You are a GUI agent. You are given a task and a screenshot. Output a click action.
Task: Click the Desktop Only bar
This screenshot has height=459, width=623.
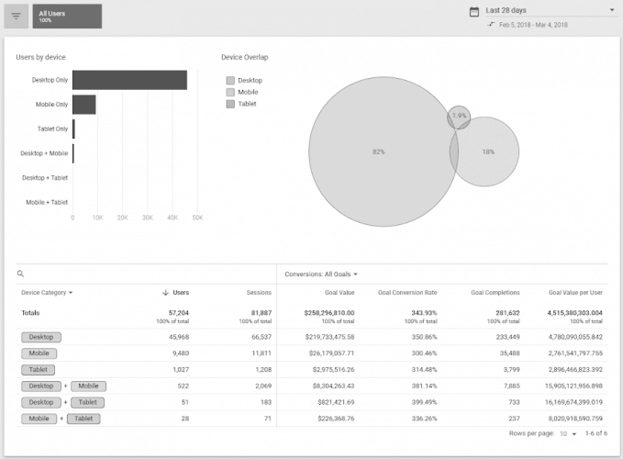pos(129,80)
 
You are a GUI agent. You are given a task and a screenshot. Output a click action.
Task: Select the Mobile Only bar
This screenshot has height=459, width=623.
pos(83,105)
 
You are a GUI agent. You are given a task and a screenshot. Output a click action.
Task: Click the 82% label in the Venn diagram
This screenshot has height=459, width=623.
pos(378,151)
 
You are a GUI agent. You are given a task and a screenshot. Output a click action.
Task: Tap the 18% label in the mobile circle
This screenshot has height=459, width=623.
pos(488,151)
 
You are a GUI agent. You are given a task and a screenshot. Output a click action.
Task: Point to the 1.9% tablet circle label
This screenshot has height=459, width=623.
pos(460,116)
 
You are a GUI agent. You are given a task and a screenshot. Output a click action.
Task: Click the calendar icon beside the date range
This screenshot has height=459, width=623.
pos(474,11)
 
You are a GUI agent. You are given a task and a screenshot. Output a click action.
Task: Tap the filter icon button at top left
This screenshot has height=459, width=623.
pos(16,16)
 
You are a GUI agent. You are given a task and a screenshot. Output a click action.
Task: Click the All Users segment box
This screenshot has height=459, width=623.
pos(67,16)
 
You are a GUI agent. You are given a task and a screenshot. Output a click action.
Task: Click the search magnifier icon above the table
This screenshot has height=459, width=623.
pos(21,274)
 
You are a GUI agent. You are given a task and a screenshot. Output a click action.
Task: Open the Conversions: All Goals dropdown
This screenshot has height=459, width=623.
pos(321,274)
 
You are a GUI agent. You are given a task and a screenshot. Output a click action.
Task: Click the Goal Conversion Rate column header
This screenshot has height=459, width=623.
pos(407,293)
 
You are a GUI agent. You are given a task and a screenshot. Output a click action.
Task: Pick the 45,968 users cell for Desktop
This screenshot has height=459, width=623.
pos(174,337)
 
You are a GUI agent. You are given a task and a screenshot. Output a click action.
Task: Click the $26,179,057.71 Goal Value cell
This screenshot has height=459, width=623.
pos(328,353)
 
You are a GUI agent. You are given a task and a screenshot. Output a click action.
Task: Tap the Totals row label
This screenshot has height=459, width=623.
pos(30,312)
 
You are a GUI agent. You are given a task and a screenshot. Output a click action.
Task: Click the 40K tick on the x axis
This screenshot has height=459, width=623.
pos(172,218)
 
